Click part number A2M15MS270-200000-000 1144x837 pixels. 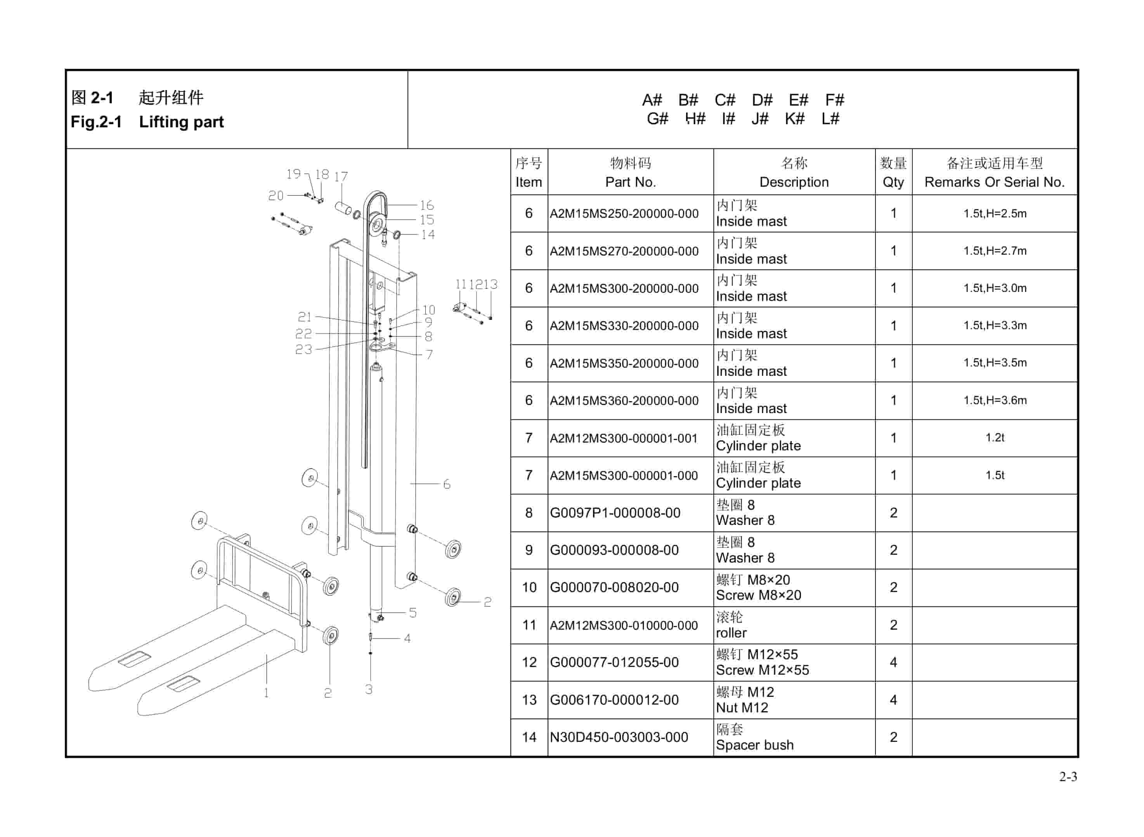pos(624,251)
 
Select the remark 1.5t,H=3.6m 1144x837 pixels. pos(995,400)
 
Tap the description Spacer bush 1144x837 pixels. pos(754,745)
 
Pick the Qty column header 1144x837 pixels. pos(893,182)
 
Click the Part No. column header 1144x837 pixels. pos(631,182)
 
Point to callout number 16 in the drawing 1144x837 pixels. pos(426,205)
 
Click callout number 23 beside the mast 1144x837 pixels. pos(303,350)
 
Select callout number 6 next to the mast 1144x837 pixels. pos(446,484)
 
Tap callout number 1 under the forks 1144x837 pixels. pos(266,693)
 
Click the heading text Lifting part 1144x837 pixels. pos(181,122)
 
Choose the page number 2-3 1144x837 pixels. pos(1068,777)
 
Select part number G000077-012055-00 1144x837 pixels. pos(614,662)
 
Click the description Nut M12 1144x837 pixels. pos(742,708)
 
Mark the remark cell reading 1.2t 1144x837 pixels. pos(995,438)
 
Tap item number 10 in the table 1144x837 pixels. pos(529,588)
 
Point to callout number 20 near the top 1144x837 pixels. pos(276,196)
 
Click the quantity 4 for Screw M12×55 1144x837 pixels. pos(893,662)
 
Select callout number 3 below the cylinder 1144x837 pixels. pos(369,689)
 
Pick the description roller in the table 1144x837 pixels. pos(731,633)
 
